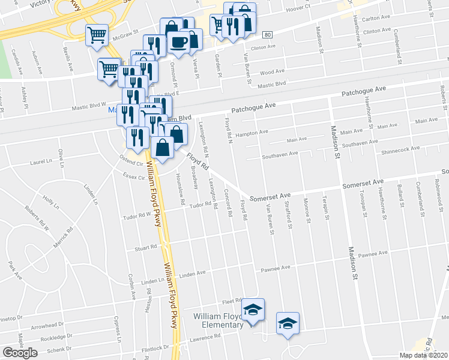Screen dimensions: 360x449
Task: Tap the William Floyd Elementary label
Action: tap(218, 320)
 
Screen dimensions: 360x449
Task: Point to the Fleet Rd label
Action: tap(231, 302)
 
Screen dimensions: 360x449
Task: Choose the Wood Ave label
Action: tap(272, 72)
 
